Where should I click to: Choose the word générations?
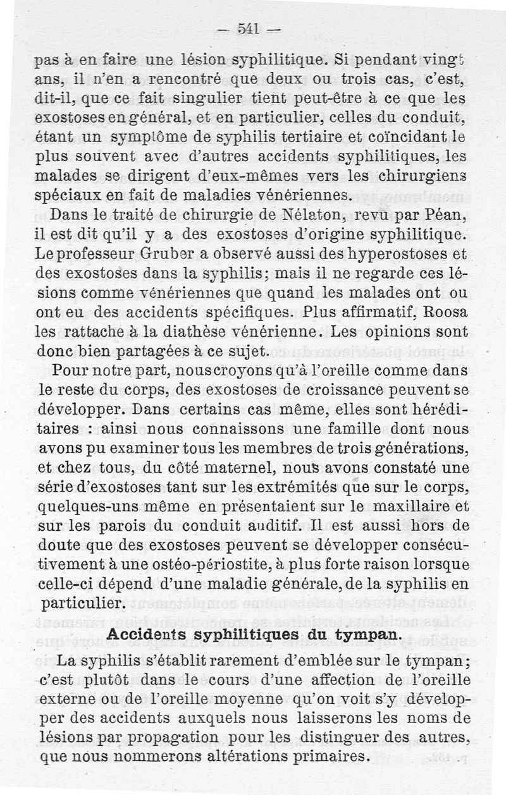coord(412,450)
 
